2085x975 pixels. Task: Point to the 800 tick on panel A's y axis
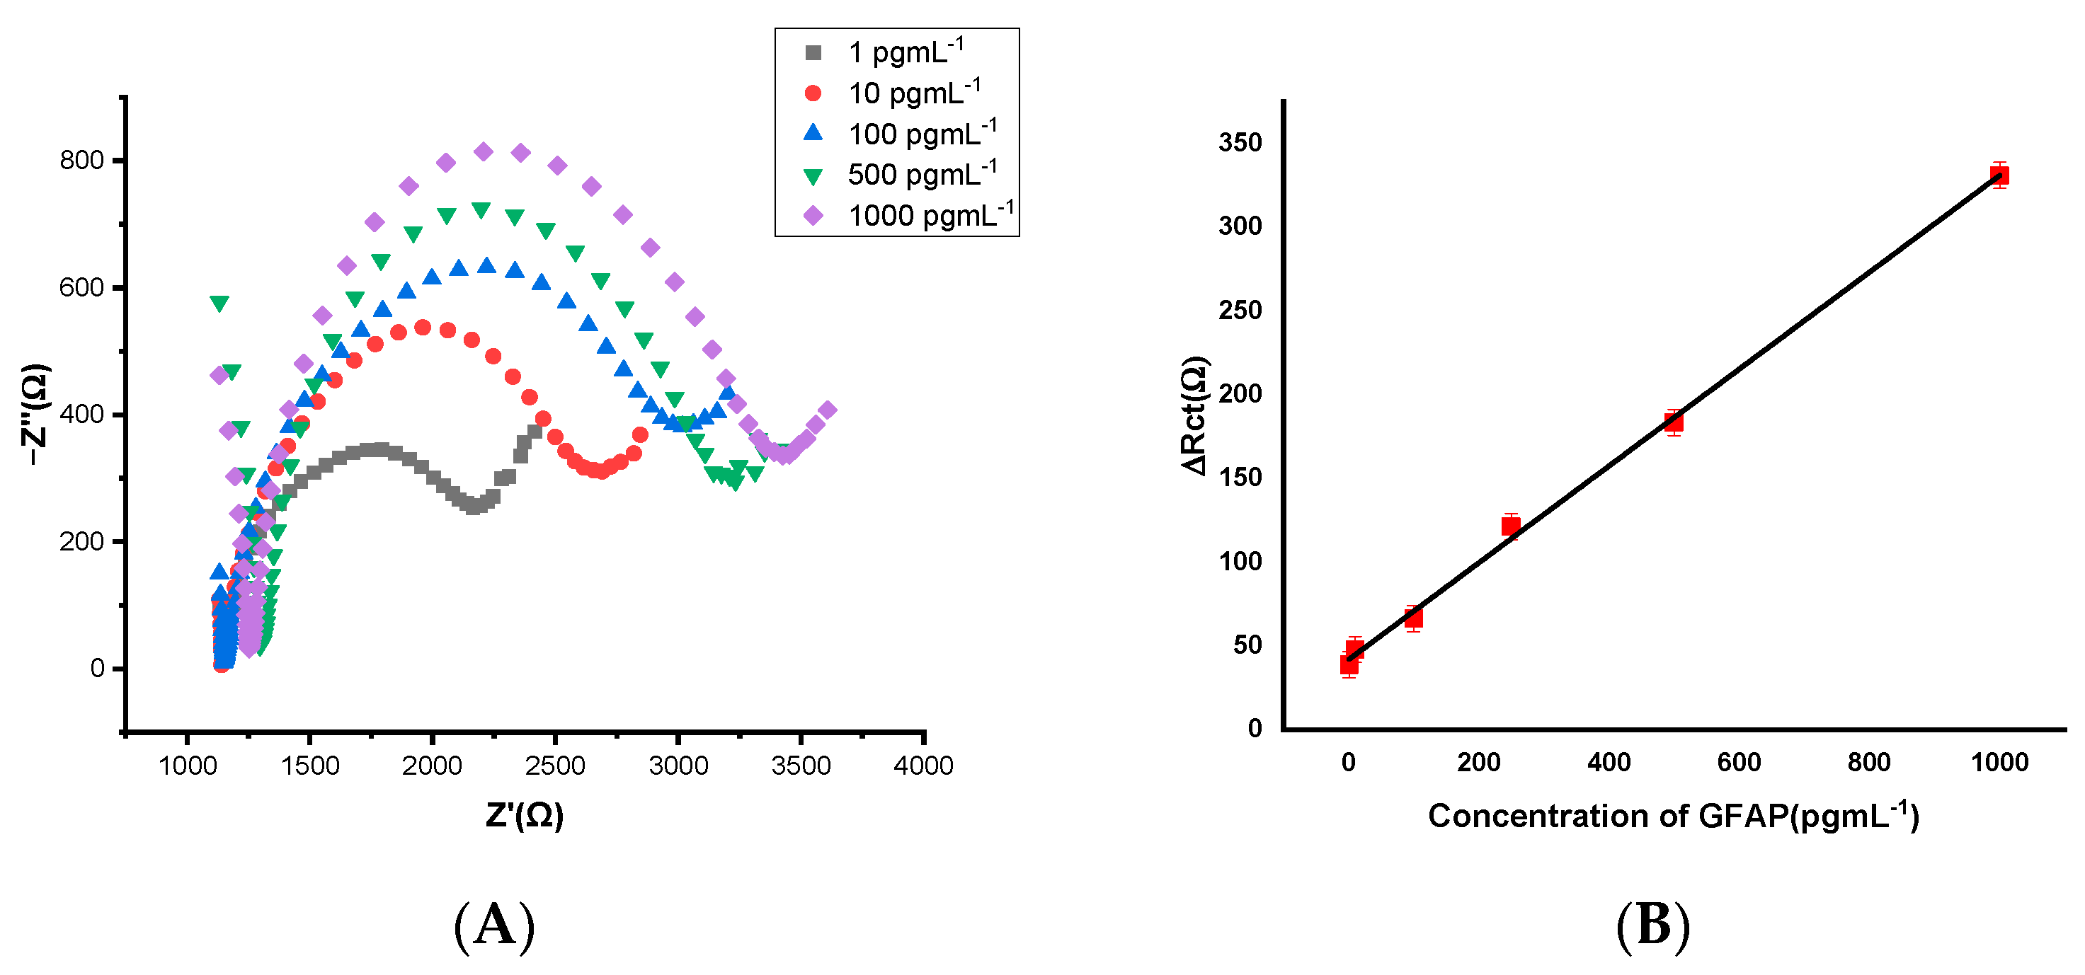(81, 160)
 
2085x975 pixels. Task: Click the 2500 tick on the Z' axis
(554, 765)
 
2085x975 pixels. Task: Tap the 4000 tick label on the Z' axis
(922, 765)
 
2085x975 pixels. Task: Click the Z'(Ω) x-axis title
(525, 815)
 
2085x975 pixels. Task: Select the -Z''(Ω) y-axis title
(35, 415)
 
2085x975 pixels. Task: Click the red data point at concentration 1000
(1999, 175)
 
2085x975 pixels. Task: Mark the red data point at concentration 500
(1674, 422)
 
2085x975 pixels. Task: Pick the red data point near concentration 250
(1510, 526)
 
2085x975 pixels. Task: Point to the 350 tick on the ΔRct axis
(1240, 142)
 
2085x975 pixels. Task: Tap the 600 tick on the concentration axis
(1739, 761)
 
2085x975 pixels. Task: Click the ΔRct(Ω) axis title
(1194, 415)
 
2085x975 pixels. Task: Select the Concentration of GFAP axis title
(1673, 816)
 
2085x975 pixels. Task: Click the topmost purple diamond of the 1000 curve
(484, 151)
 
